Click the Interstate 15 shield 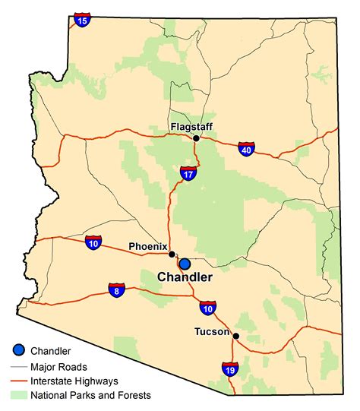pos(83,19)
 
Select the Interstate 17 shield pos(189,174)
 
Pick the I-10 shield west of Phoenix pos(93,243)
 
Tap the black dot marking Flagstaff pos(196,138)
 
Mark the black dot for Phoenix pos(172,255)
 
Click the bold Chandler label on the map pos(185,278)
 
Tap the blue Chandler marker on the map pos(184,264)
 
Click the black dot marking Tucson pos(236,336)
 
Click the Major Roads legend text pos(59,366)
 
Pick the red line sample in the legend pos(21,381)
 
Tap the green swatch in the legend pos(21,395)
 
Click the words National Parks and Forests pos(91,395)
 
